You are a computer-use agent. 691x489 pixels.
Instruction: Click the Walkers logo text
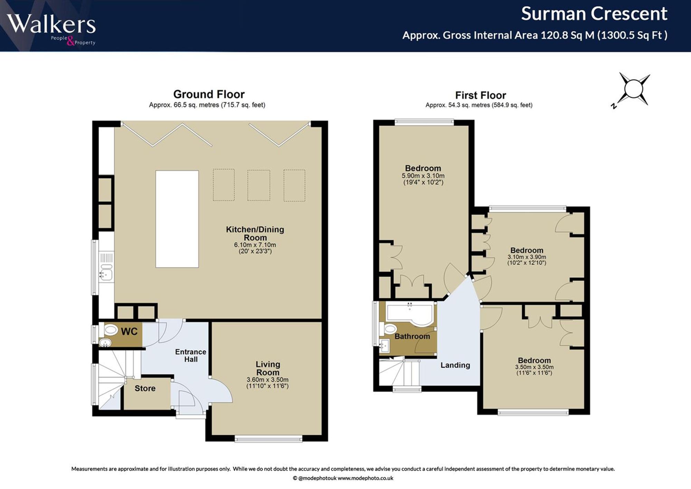(51, 24)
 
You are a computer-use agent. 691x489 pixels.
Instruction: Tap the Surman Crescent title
(594, 14)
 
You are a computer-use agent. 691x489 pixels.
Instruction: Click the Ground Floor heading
(209, 94)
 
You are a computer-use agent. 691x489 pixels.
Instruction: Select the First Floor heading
(480, 95)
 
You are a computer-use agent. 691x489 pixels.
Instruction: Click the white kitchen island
(177, 219)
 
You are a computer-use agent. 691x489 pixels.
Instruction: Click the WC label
(129, 332)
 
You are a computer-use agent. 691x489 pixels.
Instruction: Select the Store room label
(145, 388)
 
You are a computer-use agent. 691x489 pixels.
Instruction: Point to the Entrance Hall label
(191, 356)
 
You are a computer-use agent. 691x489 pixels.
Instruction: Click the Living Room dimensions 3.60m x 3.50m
(267, 379)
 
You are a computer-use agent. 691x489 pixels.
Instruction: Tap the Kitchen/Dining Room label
(255, 234)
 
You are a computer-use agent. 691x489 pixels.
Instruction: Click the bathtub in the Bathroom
(410, 314)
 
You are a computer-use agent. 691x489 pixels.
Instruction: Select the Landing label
(455, 365)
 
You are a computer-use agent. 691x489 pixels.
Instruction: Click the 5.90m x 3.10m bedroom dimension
(423, 176)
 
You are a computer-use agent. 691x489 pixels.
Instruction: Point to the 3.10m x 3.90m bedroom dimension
(527, 257)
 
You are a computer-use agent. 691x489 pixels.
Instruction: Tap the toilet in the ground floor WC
(111, 330)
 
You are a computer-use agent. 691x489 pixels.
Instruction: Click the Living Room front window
(268, 439)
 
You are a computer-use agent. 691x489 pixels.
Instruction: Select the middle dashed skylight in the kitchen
(258, 185)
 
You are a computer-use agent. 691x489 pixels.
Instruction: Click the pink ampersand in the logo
(70, 42)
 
